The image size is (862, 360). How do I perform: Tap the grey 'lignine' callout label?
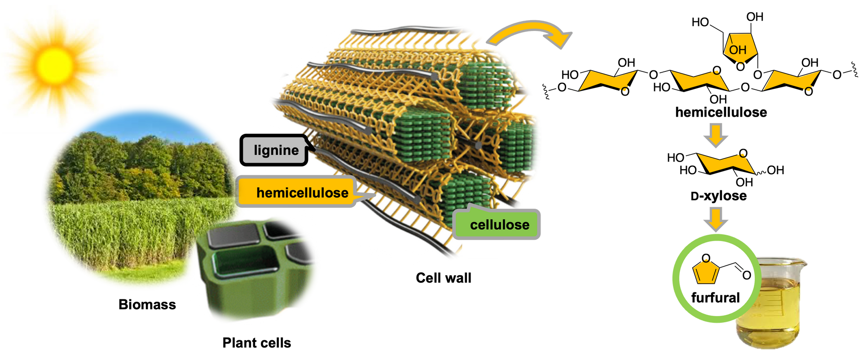click(276, 150)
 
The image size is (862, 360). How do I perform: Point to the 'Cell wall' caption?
click(444, 278)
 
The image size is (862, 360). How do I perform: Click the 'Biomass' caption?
click(147, 304)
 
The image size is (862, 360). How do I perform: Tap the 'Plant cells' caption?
click(257, 343)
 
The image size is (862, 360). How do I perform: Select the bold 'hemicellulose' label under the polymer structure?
click(721, 112)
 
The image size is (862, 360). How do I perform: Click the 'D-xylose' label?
click(718, 196)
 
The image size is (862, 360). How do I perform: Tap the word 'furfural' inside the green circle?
click(715, 298)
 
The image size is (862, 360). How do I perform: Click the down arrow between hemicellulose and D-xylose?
click(716, 136)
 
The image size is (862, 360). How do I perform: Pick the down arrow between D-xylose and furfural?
click(716, 220)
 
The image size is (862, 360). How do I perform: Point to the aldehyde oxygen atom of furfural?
click(747, 275)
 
